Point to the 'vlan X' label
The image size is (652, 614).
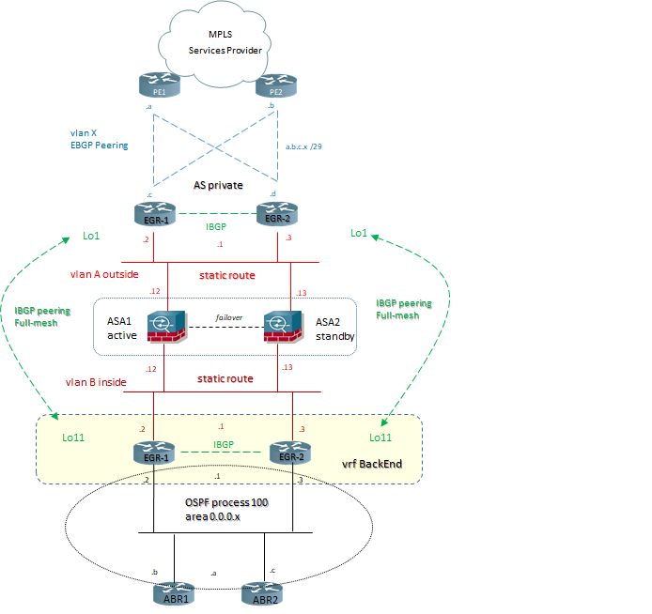click(84, 133)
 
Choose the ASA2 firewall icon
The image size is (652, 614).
click(281, 328)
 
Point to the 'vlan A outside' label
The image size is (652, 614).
click(105, 274)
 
